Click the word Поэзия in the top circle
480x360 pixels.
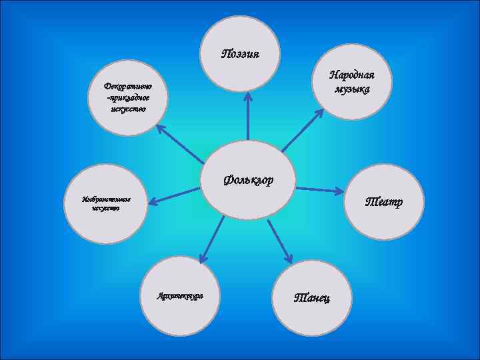[x=240, y=53]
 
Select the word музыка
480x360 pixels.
[x=352, y=89]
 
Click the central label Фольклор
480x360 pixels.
[x=249, y=179]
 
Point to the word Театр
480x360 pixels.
[x=382, y=201]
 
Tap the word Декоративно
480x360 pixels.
[x=128, y=86]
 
